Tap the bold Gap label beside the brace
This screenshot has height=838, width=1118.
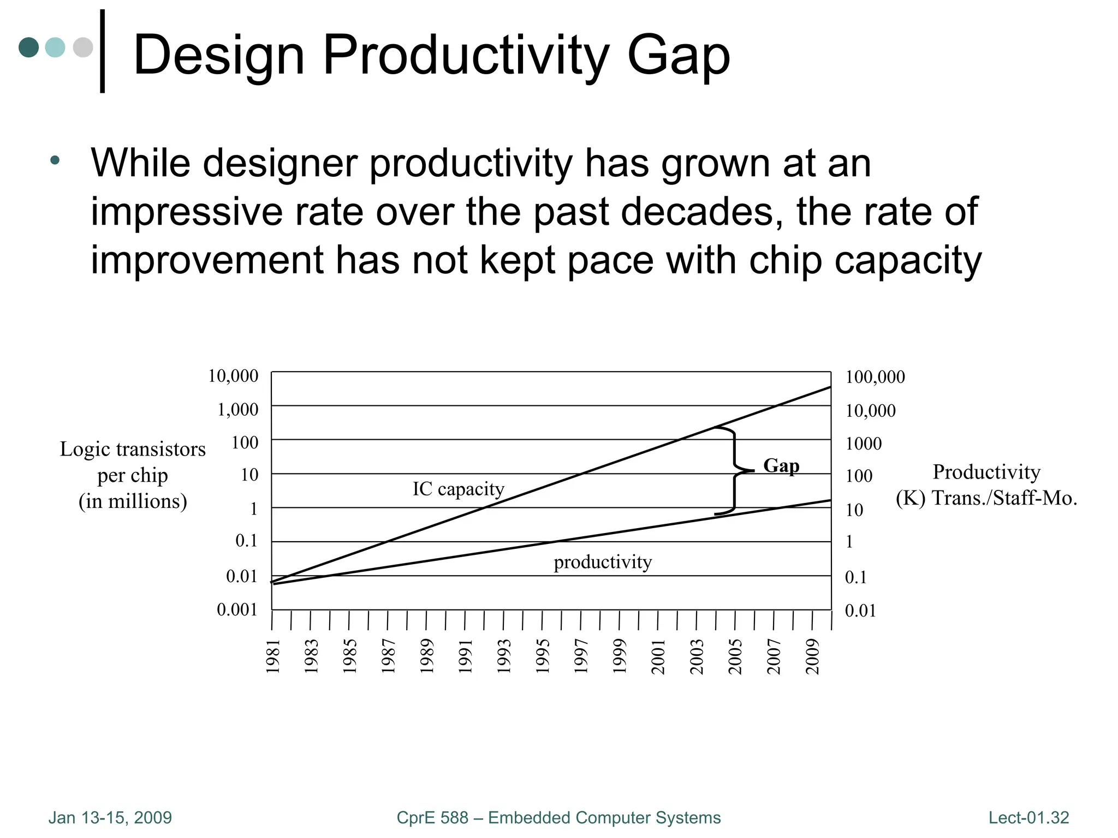coord(781,465)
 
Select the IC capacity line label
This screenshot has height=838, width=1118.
coord(458,489)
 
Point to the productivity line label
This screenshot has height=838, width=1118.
coord(603,561)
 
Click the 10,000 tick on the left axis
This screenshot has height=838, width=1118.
coord(233,376)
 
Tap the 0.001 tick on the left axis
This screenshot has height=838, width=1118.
coord(237,609)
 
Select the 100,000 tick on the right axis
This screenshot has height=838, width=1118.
coord(875,377)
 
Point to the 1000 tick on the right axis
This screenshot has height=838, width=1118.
coord(863,444)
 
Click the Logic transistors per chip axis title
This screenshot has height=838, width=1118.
coord(133,475)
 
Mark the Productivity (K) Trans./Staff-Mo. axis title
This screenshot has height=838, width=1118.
coord(986,484)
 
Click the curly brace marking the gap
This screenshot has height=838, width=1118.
coord(734,470)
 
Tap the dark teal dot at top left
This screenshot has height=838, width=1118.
coord(28,47)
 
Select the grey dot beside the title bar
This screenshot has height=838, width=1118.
coord(83,47)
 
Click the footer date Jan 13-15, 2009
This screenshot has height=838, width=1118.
coord(110,818)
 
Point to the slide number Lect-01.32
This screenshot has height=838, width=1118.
coord(1028,818)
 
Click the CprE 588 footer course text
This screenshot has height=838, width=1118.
coord(558,818)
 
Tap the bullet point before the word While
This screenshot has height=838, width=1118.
coord(55,160)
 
